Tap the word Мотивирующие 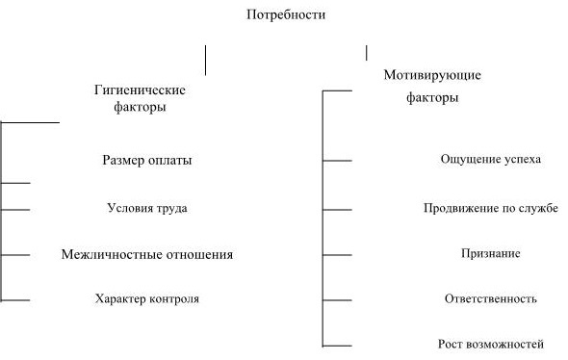pyautogui.click(x=431, y=74)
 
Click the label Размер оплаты pyautogui.click(x=146, y=160)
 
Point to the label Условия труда pyautogui.click(x=147, y=207)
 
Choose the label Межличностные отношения pyautogui.click(x=146, y=254)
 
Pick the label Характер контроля pyautogui.click(x=147, y=298)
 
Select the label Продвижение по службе pyautogui.click(x=491, y=207)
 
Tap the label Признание pyautogui.click(x=491, y=253)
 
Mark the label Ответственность pyautogui.click(x=490, y=298)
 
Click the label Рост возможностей pyautogui.click(x=491, y=344)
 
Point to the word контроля pyautogui.click(x=174, y=298)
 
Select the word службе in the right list pyautogui.click(x=539, y=207)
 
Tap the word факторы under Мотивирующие pyautogui.click(x=431, y=97)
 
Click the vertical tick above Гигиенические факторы pyautogui.click(x=205, y=60)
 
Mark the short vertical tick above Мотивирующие pyautogui.click(x=366, y=52)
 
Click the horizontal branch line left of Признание pyautogui.click(x=338, y=255)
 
